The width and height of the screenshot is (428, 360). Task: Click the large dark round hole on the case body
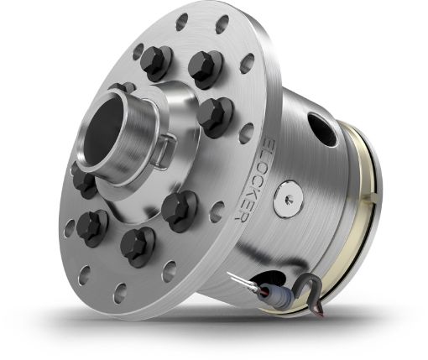click(321, 127)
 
